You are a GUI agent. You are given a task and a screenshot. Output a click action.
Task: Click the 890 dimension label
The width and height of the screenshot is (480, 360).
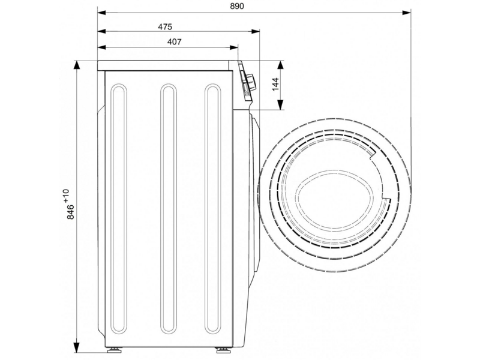237,6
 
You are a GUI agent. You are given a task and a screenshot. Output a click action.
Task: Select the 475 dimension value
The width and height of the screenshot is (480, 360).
165,27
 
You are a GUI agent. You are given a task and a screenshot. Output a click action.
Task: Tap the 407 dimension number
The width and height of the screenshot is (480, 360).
174,41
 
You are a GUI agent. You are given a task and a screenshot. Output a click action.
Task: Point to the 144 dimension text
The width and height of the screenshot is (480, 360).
275,84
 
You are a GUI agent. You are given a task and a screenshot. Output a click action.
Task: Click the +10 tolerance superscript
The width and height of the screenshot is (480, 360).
66,196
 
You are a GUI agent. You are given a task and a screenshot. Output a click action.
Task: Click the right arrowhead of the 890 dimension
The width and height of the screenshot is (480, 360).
407,13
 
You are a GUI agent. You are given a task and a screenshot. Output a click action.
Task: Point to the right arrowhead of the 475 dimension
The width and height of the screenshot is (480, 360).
256,31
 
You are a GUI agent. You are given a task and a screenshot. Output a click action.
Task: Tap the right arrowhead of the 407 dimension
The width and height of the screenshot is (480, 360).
233,47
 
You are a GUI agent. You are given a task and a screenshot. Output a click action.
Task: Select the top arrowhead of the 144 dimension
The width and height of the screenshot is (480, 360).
280,65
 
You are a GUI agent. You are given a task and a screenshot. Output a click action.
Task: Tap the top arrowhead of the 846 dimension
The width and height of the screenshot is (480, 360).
76,65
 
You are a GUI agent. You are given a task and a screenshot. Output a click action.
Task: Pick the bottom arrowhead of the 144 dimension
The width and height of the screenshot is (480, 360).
280,105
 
